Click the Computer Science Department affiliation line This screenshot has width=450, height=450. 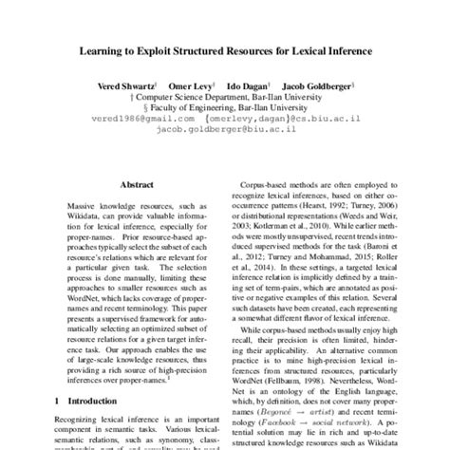click(x=225, y=98)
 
